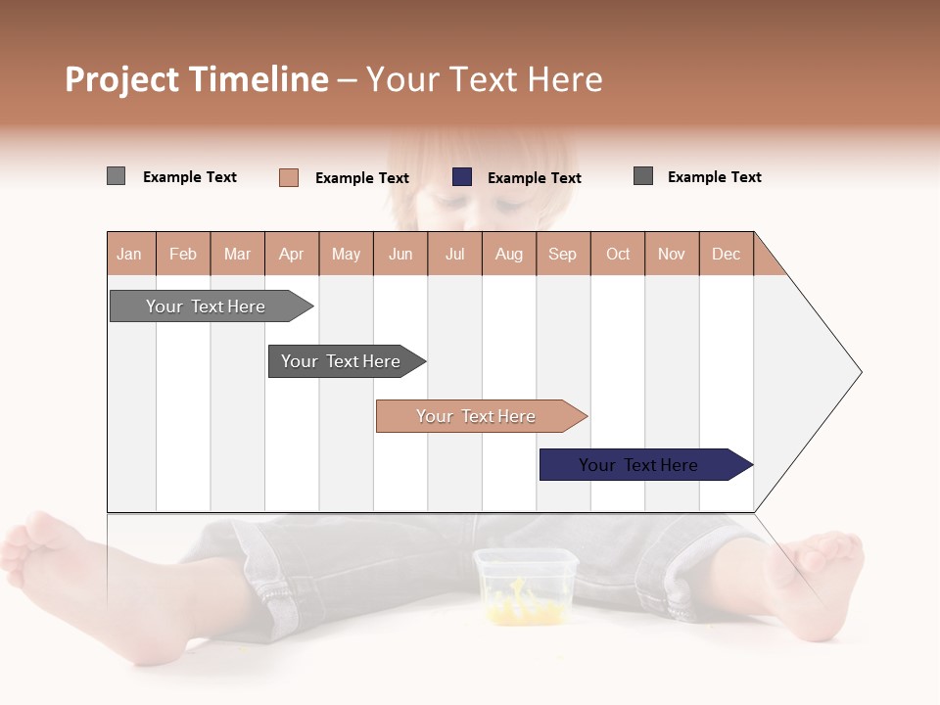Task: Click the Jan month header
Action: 129,254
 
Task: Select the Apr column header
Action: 291,254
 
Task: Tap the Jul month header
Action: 454,254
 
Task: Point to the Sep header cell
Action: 562,254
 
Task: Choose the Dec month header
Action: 726,254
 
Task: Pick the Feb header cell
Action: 183,254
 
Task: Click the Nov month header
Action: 672,254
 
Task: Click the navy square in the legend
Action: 462,177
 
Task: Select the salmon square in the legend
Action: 289,177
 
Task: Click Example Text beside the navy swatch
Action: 534,178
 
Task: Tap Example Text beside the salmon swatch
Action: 361,178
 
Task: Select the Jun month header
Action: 400,254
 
